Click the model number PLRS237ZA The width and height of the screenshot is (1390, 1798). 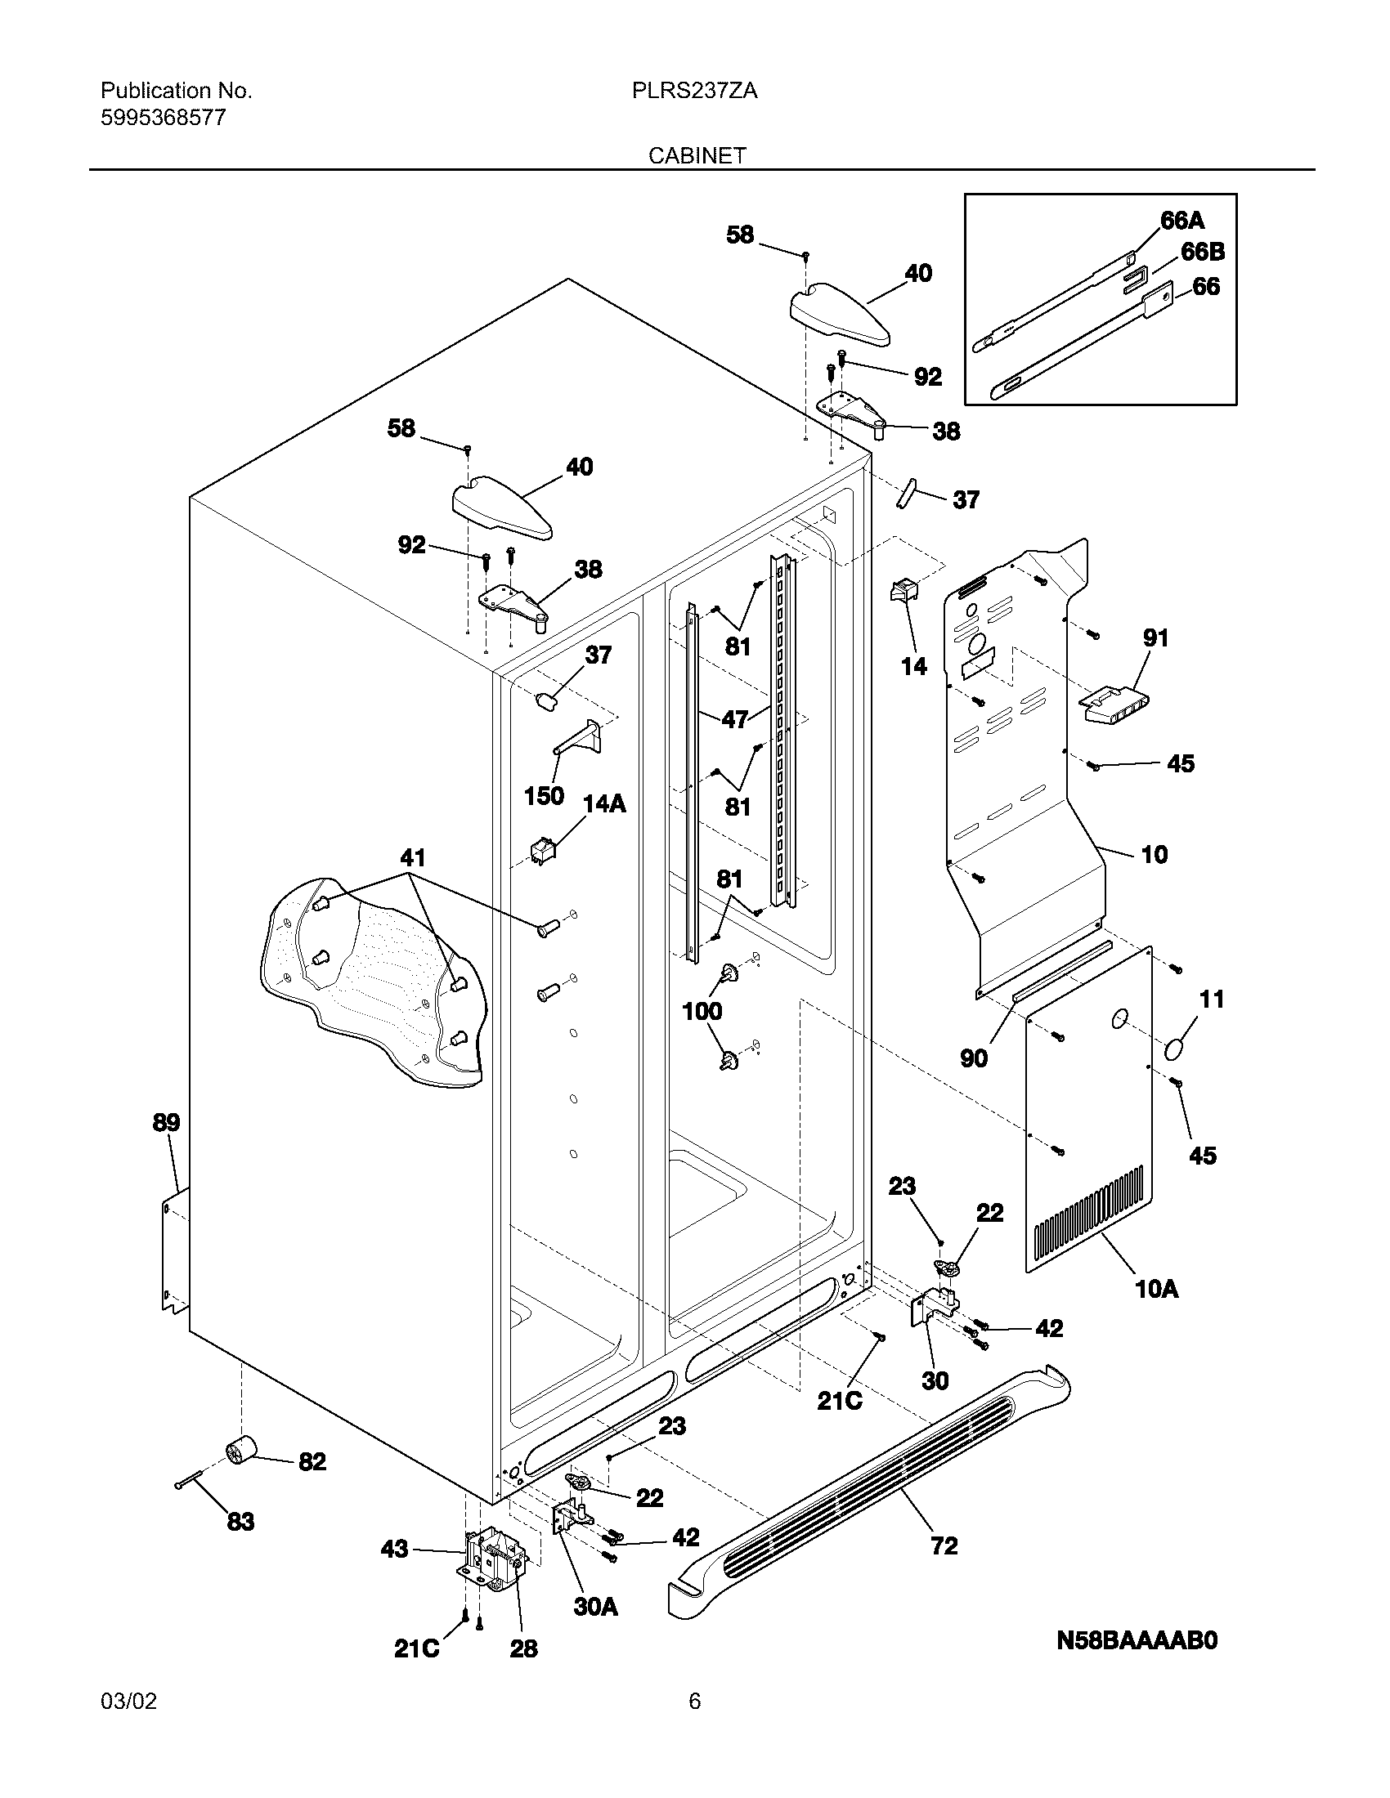[694, 91]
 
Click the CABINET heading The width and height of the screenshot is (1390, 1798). [697, 155]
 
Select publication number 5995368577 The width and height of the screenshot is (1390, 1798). [163, 118]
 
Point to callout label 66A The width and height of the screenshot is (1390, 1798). [1181, 220]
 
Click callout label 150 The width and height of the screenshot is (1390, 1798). [544, 795]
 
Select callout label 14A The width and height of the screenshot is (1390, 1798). [604, 803]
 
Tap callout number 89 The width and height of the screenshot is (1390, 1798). [165, 1122]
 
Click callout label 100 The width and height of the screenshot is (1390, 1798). [702, 1011]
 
